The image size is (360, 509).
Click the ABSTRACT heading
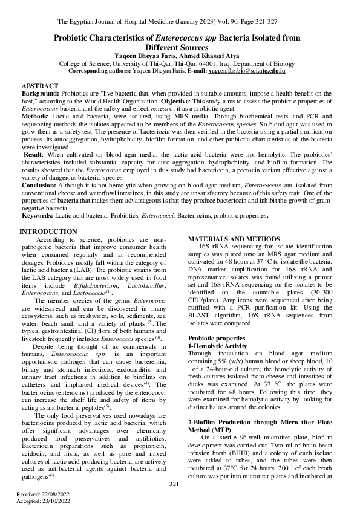pos(41,87)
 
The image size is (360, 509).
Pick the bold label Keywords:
pos(38,215)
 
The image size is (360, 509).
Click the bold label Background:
pos(40,94)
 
